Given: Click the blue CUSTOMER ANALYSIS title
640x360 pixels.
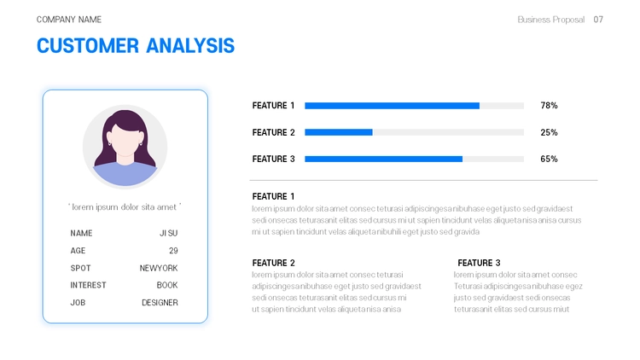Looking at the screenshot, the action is point(136,45).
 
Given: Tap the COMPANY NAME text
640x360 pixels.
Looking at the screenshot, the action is point(69,20).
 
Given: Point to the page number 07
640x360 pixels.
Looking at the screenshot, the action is point(598,20).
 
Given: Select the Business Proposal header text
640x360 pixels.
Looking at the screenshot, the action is point(550,20).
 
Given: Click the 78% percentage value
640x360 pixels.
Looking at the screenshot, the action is point(549,106).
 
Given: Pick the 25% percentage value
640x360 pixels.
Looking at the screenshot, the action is point(549,132).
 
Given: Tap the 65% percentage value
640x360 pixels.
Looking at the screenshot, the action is point(549,160).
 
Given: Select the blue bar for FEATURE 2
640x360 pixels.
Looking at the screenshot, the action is point(339,132).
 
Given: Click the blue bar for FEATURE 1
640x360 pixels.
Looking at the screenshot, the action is point(392,106).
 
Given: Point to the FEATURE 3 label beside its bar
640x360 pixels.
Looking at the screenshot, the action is point(273,160).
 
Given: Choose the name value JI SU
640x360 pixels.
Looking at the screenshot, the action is point(169,233).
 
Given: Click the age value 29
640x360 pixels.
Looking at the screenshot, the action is point(173,251).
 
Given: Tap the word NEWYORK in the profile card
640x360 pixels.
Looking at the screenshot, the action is point(159,268).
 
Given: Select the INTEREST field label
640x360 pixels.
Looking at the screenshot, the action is point(88,285).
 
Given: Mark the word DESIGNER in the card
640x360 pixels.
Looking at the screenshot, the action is point(160,303).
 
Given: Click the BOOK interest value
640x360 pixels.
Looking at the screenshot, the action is point(167,285).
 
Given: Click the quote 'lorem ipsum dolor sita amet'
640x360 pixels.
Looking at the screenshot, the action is point(125,207).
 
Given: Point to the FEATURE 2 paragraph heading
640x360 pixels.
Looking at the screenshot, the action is point(273,263).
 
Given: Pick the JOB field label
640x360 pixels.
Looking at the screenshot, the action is point(78,303).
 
